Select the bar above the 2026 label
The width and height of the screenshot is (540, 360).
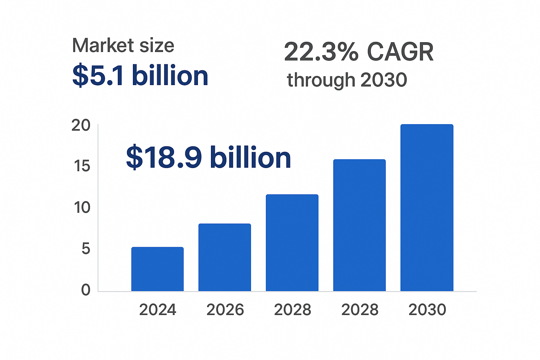(225, 257)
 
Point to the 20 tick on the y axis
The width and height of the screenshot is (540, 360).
(81, 126)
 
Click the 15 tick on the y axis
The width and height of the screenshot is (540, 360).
(82, 166)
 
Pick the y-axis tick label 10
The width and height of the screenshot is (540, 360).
(82, 207)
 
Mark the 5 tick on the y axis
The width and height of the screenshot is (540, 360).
(86, 249)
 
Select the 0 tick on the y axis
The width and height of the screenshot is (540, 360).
(86, 290)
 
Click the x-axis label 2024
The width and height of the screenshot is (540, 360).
(157, 310)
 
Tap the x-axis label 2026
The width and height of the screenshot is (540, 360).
(225, 310)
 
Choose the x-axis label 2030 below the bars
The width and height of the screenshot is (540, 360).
(427, 310)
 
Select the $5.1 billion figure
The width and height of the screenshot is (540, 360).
(140, 76)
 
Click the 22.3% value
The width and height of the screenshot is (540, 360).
(321, 52)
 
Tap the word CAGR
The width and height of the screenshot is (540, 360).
(400, 52)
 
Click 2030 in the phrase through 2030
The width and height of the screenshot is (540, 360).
(384, 80)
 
